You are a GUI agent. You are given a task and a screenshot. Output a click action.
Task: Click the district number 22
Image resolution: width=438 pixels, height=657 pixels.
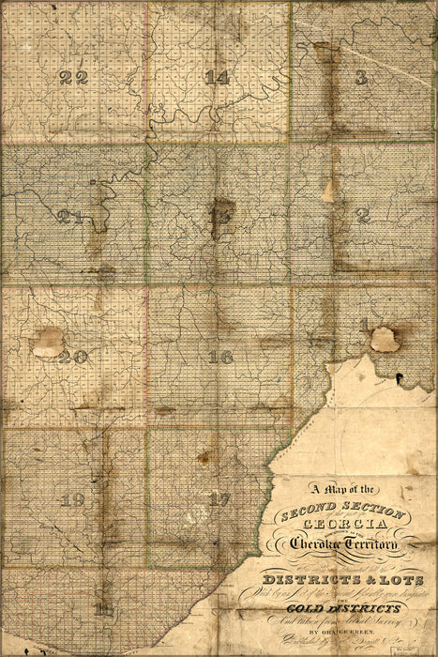click(x=74, y=77)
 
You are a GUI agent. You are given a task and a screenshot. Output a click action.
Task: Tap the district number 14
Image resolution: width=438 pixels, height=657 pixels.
click(x=217, y=77)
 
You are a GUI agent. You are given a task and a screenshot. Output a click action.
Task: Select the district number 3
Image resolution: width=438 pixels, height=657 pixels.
click(x=361, y=77)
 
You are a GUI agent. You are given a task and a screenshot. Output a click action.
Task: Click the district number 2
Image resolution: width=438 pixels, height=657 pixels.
click(x=364, y=215)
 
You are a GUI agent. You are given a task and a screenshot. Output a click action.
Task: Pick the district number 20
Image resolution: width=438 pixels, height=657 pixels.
click(x=72, y=357)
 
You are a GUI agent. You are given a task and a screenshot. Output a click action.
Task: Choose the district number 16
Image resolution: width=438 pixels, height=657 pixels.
click(x=221, y=357)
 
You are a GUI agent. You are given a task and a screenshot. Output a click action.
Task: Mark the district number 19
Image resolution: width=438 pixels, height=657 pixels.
click(x=72, y=499)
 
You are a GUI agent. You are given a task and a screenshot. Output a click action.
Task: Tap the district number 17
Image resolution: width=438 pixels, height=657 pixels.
click(x=219, y=499)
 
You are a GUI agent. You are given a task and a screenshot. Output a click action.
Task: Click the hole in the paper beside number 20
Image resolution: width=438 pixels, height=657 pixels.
click(x=47, y=342)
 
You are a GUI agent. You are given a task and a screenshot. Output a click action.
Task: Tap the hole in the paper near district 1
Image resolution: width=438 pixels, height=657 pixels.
click(x=384, y=339)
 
